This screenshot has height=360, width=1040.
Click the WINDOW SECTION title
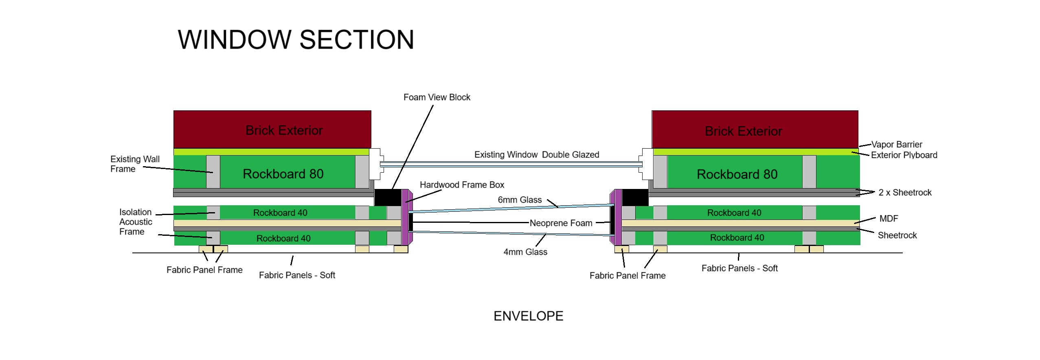(x=296, y=40)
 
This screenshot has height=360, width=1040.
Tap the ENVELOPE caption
(x=528, y=316)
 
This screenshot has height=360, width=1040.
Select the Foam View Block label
(x=437, y=97)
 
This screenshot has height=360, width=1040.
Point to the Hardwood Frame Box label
(x=462, y=185)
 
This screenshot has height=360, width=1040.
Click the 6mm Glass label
(x=520, y=200)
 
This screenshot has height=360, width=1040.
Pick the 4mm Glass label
(x=525, y=252)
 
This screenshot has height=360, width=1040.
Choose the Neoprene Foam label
(x=561, y=223)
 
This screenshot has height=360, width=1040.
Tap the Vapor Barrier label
(x=896, y=145)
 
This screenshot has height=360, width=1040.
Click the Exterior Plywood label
(x=904, y=155)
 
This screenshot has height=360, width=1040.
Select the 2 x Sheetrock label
(x=905, y=193)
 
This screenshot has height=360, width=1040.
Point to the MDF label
(x=889, y=219)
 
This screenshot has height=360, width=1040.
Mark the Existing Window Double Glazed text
(x=536, y=155)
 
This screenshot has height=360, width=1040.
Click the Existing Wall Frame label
(x=135, y=164)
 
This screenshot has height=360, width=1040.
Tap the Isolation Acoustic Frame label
(x=136, y=222)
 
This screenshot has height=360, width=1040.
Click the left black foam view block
(x=387, y=198)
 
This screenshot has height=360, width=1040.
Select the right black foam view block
(x=635, y=198)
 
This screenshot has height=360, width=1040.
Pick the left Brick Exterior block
(x=272, y=130)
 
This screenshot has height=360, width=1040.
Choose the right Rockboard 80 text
(x=737, y=174)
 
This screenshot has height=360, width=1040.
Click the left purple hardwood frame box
(x=405, y=217)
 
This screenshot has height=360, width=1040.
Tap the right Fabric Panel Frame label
(x=627, y=276)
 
